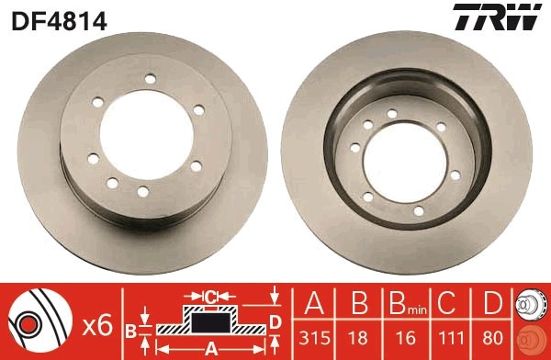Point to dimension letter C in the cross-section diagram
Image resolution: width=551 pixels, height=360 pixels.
pyautogui.click(x=209, y=296)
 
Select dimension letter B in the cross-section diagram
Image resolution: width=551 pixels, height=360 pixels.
pyautogui.click(x=131, y=329)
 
